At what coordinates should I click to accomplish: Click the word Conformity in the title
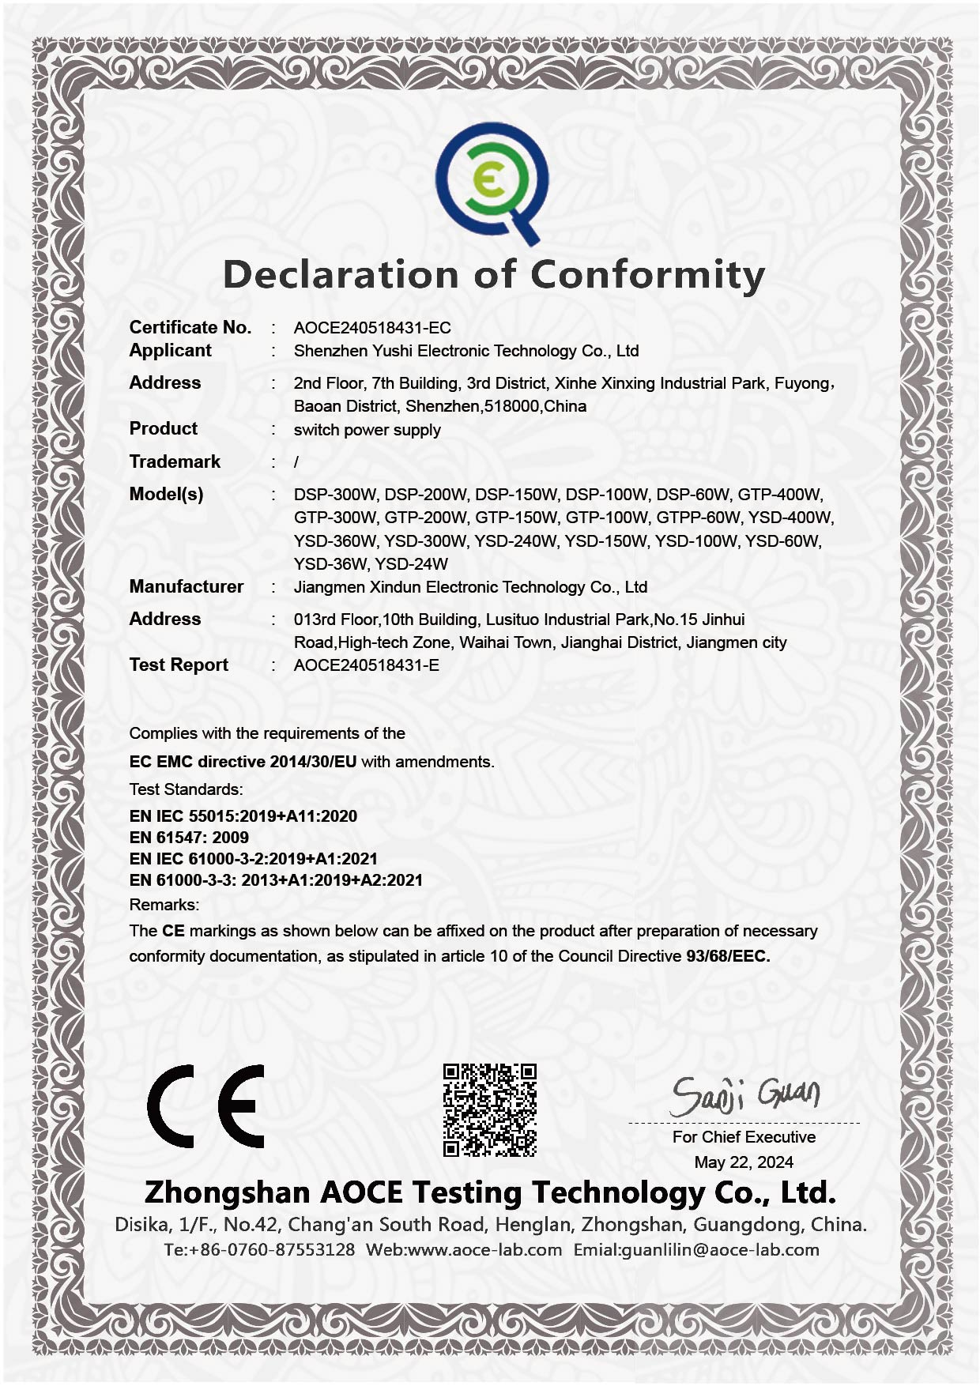pyautogui.click(x=647, y=275)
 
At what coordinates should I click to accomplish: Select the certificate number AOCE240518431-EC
pyautogui.click(x=372, y=328)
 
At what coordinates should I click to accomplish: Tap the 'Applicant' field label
pyautogui.click(x=170, y=350)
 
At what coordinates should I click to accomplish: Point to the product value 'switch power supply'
pyautogui.click(x=367, y=430)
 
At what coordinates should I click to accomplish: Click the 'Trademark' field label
pyautogui.click(x=175, y=461)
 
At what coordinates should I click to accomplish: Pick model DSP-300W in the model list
pyautogui.click(x=335, y=495)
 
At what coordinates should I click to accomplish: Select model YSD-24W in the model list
pyautogui.click(x=411, y=564)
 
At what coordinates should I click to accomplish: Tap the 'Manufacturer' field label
pyautogui.click(x=186, y=586)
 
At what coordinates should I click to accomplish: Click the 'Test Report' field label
pyautogui.click(x=179, y=665)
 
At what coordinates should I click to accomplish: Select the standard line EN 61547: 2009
pyautogui.click(x=189, y=838)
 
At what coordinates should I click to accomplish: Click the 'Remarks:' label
pyautogui.click(x=164, y=905)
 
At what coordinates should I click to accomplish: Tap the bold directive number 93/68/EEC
pyautogui.click(x=727, y=956)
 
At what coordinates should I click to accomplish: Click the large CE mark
pyautogui.click(x=206, y=1105)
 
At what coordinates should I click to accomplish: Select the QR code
pyautogui.click(x=490, y=1110)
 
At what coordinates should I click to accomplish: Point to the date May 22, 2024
pyautogui.click(x=744, y=1162)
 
